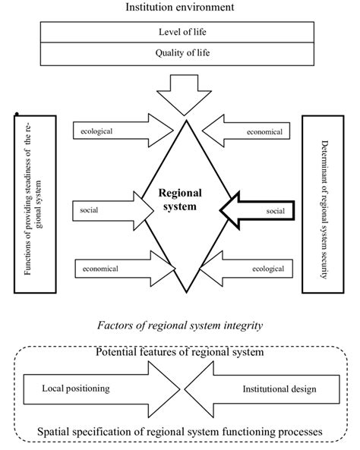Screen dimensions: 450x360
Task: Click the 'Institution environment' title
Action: (x=180, y=8)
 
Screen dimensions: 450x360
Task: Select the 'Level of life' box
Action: (x=180, y=32)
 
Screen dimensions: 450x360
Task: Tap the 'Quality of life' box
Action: (x=180, y=53)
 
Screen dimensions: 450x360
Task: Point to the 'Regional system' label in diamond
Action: (x=180, y=200)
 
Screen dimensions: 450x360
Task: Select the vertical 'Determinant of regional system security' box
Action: (x=324, y=203)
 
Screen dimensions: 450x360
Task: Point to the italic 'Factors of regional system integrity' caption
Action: (x=181, y=325)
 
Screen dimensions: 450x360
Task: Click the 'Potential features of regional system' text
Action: (x=181, y=353)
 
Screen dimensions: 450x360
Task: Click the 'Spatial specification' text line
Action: (x=181, y=433)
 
